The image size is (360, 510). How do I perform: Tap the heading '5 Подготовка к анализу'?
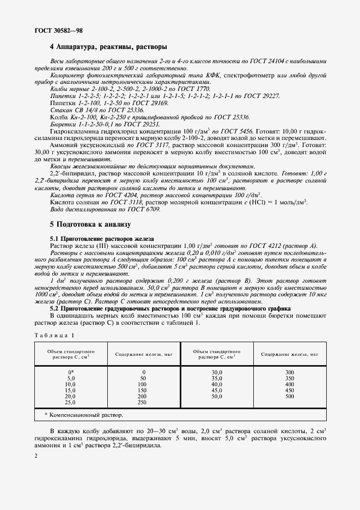click(90, 224)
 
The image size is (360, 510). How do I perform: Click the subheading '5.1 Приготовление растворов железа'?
click(102, 239)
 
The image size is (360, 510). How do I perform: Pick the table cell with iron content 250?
click(143, 402)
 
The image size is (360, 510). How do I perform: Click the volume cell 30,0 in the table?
click(218, 372)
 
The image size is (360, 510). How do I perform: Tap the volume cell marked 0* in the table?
click(71, 372)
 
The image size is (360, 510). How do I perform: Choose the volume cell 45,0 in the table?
click(218, 390)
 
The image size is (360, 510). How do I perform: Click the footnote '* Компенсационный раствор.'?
click(83, 415)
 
